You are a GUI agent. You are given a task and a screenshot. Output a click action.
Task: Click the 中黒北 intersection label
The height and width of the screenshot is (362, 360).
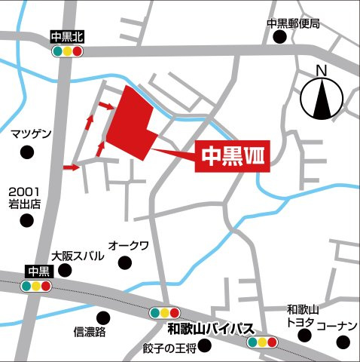click(67, 35)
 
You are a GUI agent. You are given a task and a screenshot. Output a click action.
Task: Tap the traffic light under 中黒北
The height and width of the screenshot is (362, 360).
click(67, 51)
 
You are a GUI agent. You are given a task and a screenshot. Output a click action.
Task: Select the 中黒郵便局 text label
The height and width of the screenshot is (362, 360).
click(294, 23)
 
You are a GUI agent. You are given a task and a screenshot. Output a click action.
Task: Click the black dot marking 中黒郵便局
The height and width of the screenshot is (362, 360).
click(282, 37)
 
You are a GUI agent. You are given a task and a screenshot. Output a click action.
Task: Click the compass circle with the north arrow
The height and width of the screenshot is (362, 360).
click(320, 99)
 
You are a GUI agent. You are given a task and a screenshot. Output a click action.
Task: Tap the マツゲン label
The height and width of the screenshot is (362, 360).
click(31, 134)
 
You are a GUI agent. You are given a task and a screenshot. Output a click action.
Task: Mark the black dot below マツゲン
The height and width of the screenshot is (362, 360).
click(27, 152)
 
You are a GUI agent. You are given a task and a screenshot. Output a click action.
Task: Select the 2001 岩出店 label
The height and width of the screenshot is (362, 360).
click(25, 198)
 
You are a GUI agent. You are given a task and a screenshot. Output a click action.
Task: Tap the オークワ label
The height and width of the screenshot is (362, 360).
click(129, 246)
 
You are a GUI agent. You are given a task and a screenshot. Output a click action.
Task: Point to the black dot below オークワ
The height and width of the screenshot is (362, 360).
click(124, 262)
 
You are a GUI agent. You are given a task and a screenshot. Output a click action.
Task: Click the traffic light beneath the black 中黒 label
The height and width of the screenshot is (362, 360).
click(35, 287)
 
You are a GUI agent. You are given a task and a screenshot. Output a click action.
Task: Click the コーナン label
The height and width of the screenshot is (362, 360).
click(336, 326)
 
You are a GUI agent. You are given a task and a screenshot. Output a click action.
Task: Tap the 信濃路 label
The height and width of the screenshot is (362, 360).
click(90, 332)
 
